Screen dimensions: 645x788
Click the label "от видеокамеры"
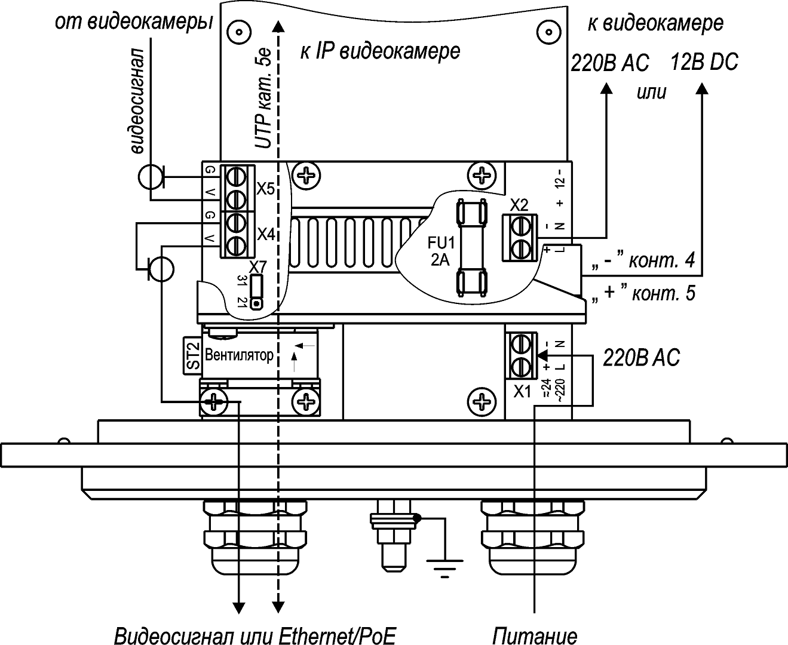(x=133, y=22)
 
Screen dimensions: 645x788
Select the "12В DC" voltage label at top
(x=704, y=62)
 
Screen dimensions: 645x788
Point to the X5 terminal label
(x=265, y=189)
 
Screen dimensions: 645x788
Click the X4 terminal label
(x=266, y=234)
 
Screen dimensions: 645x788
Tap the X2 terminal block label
(x=520, y=205)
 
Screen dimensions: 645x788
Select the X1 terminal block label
(x=523, y=392)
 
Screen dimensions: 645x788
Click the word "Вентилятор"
(x=239, y=355)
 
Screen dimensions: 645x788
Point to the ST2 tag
(x=191, y=355)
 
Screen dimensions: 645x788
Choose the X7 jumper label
(x=258, y=266)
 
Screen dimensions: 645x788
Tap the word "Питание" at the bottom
(x=535, y=635)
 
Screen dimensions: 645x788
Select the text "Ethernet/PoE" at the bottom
(x=337, y=635)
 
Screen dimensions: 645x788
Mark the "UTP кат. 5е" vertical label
(x=263, y=99)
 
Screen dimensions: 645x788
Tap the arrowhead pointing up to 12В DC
(x=703, y=88)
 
